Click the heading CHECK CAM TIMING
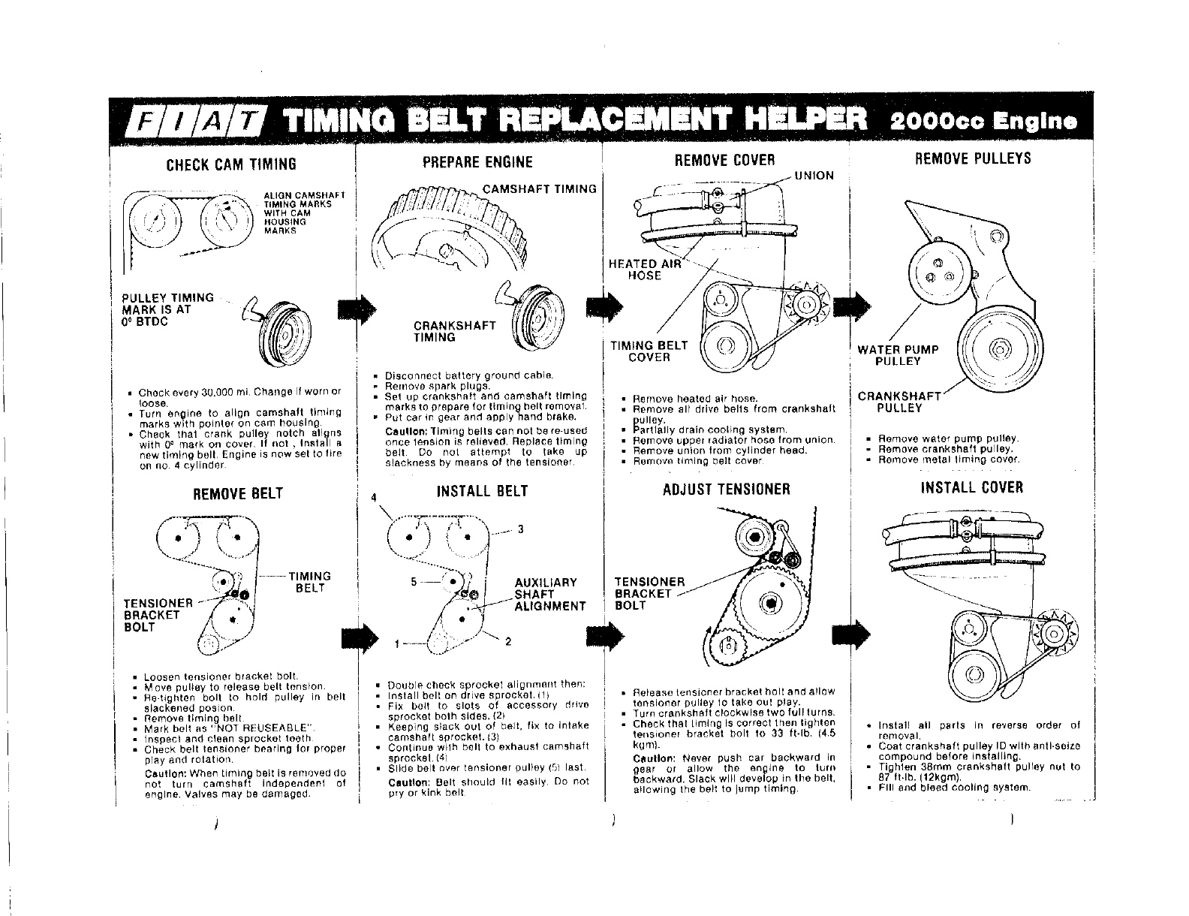pos(231,164)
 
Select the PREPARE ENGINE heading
pos(477,162)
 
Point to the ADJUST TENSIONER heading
pos(726,490)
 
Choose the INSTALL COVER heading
pos(971,487)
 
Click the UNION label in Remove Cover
pos(814,176)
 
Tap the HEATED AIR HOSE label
pos(645,270)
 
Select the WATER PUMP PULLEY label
pos(898,355)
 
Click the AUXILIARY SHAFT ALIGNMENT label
pos(549,594)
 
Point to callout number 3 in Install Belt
pos(520,529)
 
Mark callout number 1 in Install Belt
pos(398,643)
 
